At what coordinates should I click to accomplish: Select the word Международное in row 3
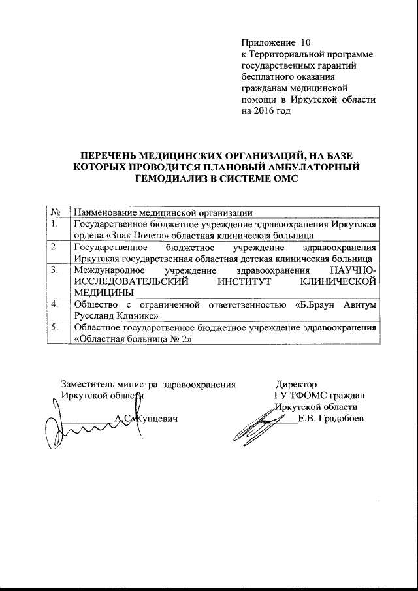(110, 269)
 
